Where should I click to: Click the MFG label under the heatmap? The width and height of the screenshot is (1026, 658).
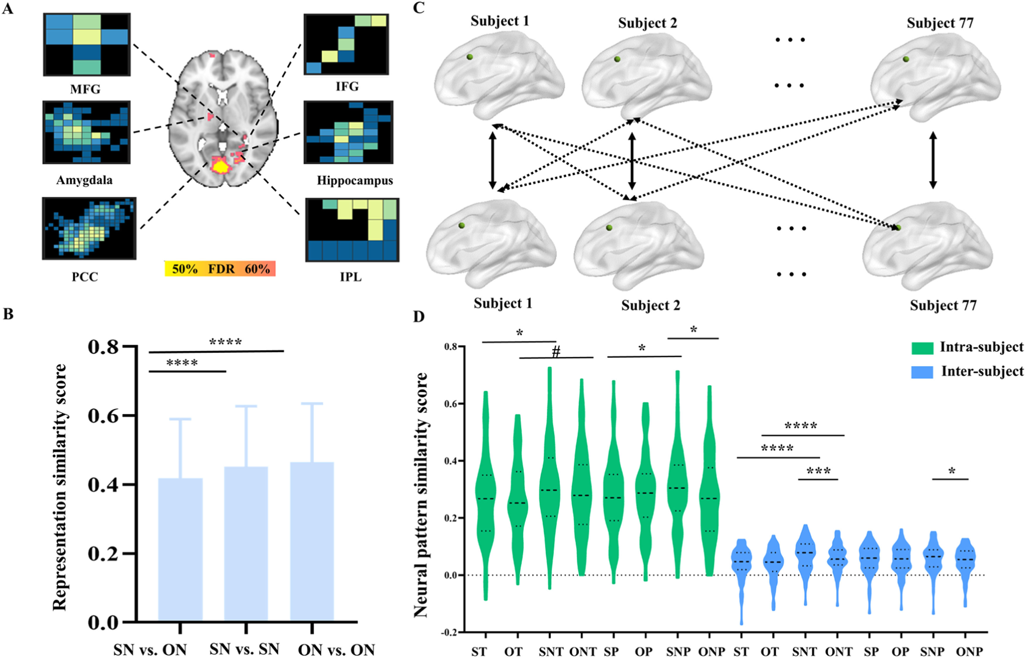pos(85,89)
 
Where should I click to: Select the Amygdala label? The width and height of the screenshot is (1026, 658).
pos(84,180)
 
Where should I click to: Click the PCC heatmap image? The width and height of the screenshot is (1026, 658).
pos(89,228)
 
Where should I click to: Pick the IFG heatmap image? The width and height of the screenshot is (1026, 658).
pos(346,44)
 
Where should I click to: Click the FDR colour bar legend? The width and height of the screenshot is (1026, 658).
pos(220,269)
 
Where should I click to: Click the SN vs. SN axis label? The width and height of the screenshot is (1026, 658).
pos(244,649)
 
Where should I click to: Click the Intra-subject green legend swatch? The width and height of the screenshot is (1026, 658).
pos(922,348)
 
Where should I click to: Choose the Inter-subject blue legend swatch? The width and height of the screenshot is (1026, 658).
pos(922,372)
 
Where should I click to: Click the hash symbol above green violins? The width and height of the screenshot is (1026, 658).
pos(556,352)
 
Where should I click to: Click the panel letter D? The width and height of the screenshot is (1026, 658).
pos(419,317)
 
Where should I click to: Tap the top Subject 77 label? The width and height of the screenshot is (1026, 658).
pos(940,23)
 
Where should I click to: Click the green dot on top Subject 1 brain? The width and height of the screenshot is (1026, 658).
pos(469,57)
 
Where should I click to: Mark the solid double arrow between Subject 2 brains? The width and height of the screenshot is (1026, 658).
pos(632,161)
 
